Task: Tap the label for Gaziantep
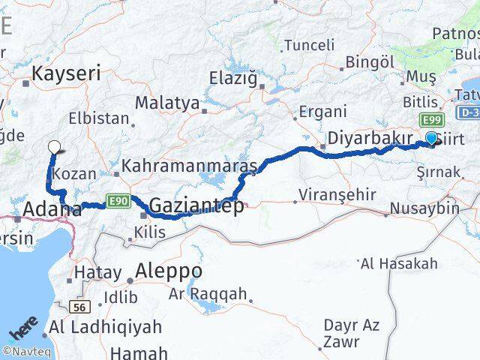pos(196,205)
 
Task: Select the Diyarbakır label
pos(371,139)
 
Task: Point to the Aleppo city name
pos(169,270)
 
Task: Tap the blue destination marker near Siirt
pos(432,138)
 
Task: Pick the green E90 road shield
pos(117,200)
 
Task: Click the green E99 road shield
pos(431,121)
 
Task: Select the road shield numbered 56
pos(80,306)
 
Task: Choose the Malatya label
pos(167,103)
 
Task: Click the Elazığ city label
pos(232,77)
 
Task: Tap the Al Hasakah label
pos(398,263)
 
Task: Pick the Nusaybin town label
pos(425,208)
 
